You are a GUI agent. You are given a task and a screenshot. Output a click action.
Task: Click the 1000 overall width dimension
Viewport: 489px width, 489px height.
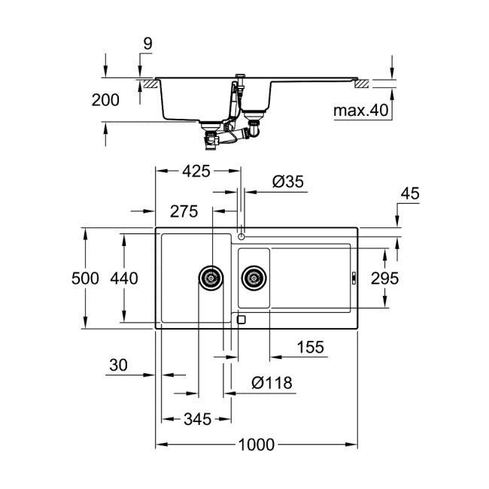click(x=256, y=445)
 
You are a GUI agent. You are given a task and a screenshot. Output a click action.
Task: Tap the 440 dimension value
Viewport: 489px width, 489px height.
click(x=124, y=278)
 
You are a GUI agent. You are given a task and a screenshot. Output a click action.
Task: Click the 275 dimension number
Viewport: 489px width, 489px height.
click(x=184, y=212)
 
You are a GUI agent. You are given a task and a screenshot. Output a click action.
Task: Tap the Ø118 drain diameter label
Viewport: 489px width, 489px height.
click(x=272, y=384)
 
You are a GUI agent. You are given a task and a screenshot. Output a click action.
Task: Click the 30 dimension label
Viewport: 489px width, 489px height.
click(x=117, y=366)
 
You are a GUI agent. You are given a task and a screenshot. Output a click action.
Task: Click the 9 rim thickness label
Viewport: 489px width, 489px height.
click(x=147, y=44)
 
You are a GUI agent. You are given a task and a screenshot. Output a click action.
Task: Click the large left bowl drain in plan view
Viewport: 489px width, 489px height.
click(x=211, y=278)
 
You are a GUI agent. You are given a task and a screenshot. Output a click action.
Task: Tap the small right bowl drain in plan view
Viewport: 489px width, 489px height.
click(x=254, y=278)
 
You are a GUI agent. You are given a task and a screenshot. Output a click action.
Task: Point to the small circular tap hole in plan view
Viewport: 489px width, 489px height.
click(x=241, y=236)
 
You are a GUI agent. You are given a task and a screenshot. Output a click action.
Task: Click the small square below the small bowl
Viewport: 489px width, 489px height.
click(x=241, y=319)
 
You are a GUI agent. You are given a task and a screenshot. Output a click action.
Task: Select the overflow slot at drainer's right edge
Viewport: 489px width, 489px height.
click(x=354, y=278)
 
